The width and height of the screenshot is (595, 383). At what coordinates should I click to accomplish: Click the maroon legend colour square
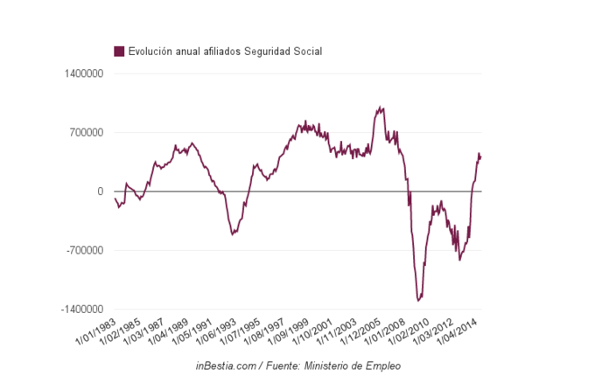pos(120,52)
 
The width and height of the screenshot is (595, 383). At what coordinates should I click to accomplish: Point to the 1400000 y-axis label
pos(84,73)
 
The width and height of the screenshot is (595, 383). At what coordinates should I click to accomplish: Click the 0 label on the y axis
pos(100,191)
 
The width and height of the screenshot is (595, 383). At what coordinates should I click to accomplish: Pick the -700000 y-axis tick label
pos(85,251)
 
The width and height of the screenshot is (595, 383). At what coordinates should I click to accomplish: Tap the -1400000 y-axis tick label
pos(82,310)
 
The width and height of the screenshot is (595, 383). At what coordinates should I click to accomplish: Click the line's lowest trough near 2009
pos(418,300)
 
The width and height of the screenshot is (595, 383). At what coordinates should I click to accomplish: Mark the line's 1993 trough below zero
pos(232,233)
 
